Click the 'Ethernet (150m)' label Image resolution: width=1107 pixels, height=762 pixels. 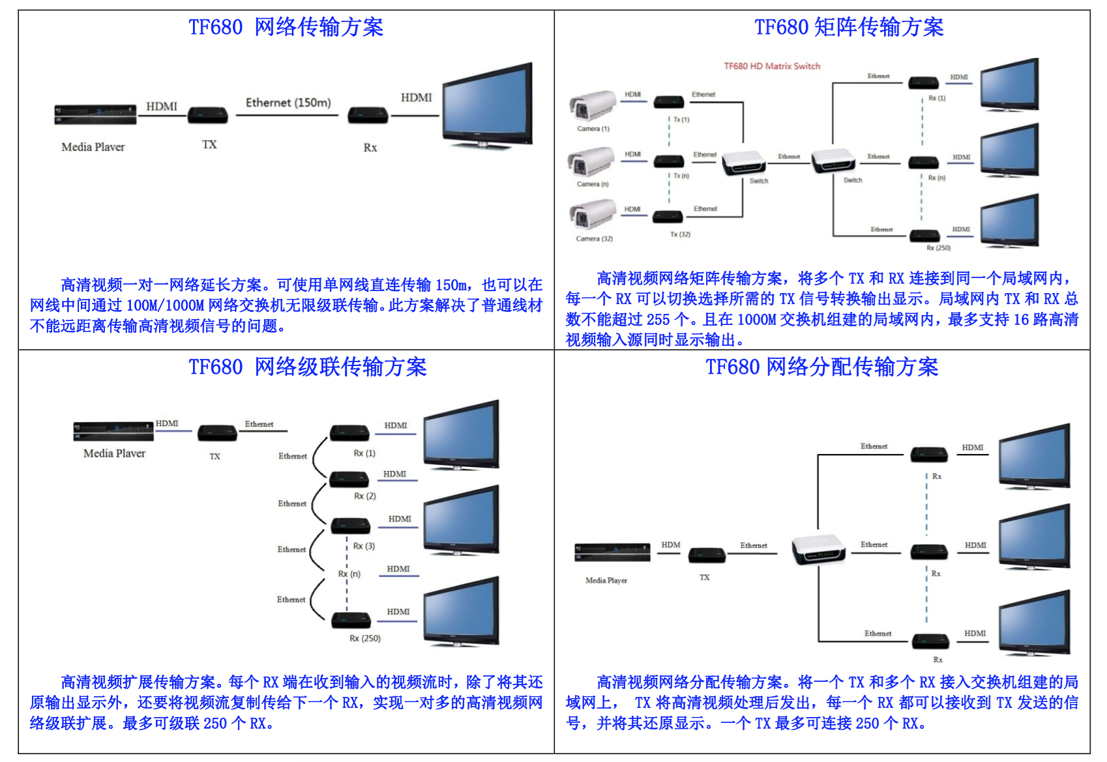click(x=288, y=103)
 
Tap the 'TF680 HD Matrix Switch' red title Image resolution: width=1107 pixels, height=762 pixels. click(x=772, y=66)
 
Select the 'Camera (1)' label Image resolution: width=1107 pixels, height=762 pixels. click(x=593, y=129)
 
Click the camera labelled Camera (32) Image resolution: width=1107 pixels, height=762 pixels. click(x=592, y=215)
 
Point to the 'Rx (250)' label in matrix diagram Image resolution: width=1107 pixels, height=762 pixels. click(x=938, y=248)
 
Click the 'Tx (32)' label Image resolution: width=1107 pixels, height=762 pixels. click(x=680, y=234)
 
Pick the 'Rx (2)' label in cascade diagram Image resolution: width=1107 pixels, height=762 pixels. click(x=365, y=496)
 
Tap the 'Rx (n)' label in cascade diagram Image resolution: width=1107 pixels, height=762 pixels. click(x=349, y=574)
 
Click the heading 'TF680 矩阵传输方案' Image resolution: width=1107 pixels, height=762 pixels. click(x=849, y=27)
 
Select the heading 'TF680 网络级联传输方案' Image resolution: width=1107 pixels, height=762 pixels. click(x=308, y=367)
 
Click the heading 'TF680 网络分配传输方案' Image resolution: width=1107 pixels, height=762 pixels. click(x=822, y=367)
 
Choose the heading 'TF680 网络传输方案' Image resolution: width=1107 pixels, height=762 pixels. click(x=286, y=27)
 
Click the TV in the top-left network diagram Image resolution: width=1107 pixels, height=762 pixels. click(x=488, y=106)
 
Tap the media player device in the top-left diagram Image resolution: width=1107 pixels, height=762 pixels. click(x=95, y=115)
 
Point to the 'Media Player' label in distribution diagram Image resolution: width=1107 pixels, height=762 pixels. click(x=606, y=580)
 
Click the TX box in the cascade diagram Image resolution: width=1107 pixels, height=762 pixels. click(x=217, y=433)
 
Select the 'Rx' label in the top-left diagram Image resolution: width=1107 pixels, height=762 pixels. click(x=370, y=148)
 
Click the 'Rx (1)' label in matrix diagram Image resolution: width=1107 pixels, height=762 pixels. click(x=937, y=98)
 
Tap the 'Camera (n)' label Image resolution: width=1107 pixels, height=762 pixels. click(x=593, y=184)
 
